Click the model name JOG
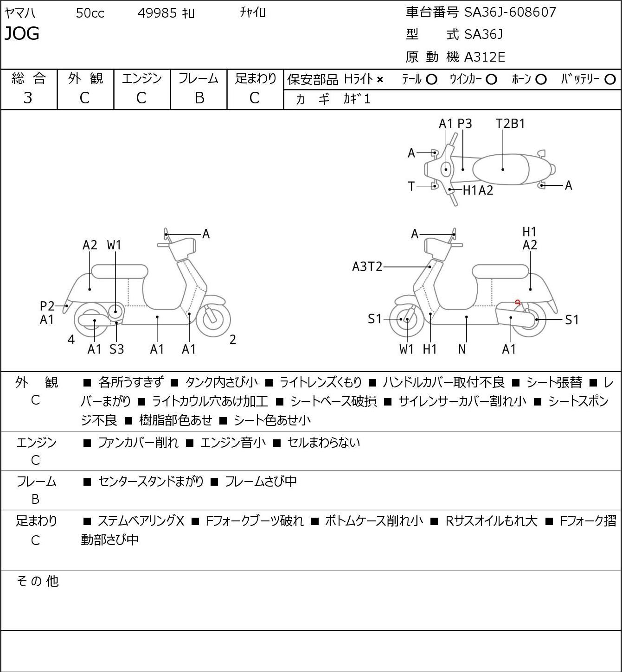click(x=22, y=33)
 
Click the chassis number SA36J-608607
click(x=510, y=13)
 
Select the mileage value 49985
click(x=157, y=13)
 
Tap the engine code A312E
click(x=484, y=57)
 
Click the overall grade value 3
click(x=28, y=98)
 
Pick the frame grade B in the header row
click(x=199, y=98)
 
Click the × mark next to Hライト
click(x=380, y=80)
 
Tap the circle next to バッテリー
click(x=610, y=80)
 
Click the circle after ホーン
click(x=541, y=80)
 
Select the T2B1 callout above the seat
click(x=510, y=123)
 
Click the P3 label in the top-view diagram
click(x=464, y=123)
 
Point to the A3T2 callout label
click(x=367, y=267)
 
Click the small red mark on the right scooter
click(x=517, y=302)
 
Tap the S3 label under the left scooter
click(x=116, y=349)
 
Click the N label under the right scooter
click(x=462, y=349)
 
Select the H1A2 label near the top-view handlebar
click(x=478, y=190)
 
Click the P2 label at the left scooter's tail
click(x=47, y=306)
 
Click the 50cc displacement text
click(x=90, y=13)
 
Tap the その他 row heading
click(x=38, y=581)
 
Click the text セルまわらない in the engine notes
click(x=324, y=443)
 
